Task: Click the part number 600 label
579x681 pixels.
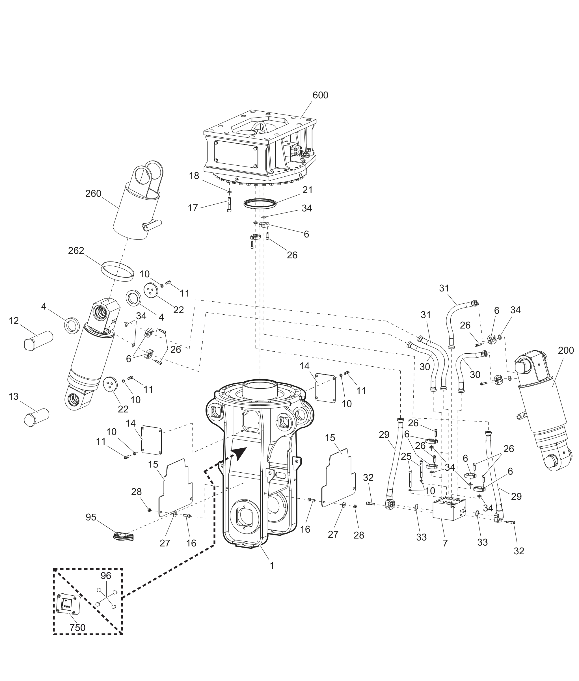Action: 320,95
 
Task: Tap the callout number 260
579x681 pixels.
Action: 93,194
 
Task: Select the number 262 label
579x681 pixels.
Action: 76,251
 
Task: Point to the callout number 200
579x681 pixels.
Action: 566,351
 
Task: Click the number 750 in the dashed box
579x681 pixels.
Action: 77,628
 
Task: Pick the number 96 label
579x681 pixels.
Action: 106,576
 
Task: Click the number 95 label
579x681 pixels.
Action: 91,517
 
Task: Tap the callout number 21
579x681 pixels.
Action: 308,190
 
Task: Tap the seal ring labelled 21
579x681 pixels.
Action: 260,204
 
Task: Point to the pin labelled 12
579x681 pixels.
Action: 38,341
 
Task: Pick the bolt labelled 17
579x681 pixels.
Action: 229,205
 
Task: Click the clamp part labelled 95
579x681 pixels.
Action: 124,536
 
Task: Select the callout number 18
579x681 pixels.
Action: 194,176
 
